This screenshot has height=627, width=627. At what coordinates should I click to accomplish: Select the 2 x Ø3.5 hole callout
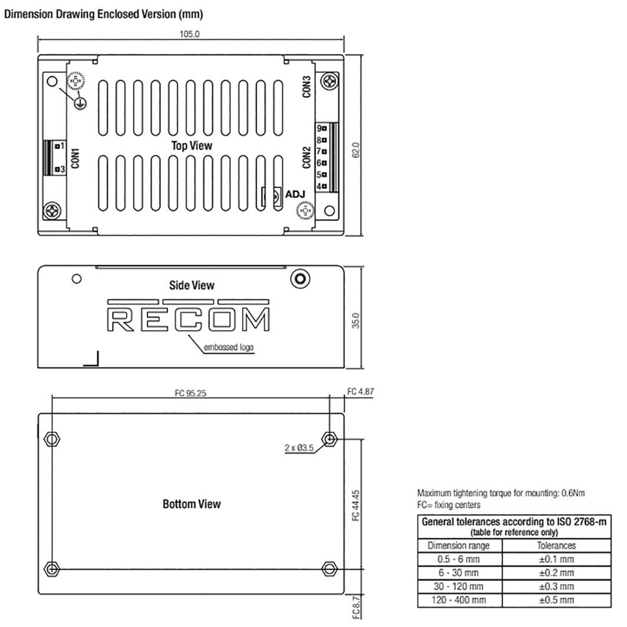[299, 448]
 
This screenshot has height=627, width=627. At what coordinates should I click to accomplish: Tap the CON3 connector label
[307, 86]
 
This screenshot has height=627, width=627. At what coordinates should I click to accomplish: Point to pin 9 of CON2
[321, 129]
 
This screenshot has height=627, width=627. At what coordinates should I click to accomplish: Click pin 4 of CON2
[321, 186]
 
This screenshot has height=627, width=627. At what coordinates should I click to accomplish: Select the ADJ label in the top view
[295, 195]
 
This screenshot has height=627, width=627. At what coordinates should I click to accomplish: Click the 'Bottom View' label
[191, 504]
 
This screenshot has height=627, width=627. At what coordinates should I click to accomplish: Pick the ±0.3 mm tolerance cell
[556, 587]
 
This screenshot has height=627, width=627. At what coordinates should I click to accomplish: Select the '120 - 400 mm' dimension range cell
[459, 600]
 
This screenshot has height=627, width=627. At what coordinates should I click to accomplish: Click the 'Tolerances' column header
[556, 546]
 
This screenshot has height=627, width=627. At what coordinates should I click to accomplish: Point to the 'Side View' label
[192, 285]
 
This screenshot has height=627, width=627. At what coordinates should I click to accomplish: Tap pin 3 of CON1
[59, 169]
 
